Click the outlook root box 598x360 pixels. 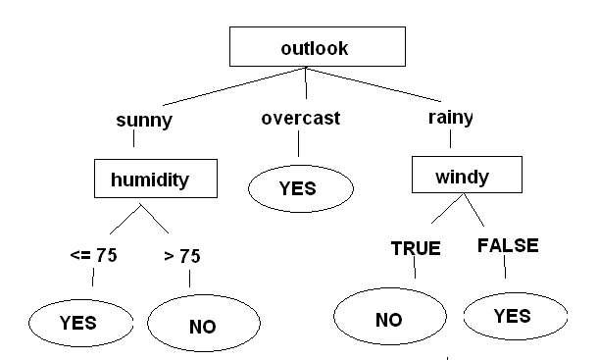point(316,46)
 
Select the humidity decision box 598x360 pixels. point(155,179)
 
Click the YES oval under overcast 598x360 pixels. point(299,188)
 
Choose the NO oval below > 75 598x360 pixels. point(202,325)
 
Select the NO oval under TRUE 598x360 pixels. point(388,320)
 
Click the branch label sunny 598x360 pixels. point(144,122)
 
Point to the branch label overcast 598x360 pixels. point(300,119)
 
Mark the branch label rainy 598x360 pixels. point(451,118)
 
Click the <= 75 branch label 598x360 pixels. point(93,256)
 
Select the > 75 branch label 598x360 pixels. point(182,256)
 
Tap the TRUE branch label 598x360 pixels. point(416,248)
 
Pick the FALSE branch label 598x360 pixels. point(507,245)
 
